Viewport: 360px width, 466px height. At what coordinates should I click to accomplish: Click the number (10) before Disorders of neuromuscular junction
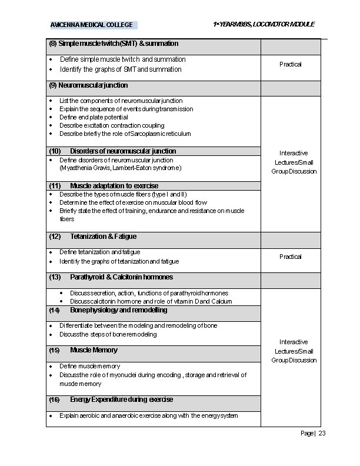(x=55, y=151)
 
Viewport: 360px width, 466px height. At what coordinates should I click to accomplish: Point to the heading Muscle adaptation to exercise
(x=114, y=186)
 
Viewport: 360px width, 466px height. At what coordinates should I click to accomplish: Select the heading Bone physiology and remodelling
(x=118, y=310)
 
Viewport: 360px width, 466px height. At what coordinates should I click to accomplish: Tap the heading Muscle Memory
(x=94, y=350)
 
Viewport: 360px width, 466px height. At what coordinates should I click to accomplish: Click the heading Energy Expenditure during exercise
(x=121, y=400)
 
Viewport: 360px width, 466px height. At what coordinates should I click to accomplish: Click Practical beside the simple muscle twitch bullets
(x=291, y=64)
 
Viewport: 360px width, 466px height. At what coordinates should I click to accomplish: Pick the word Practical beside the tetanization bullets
(x=291, y=257)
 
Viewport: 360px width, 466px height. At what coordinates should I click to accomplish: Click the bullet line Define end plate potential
(x=94, y=117)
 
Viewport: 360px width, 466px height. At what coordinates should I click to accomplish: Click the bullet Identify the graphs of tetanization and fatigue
(x=119, y=261)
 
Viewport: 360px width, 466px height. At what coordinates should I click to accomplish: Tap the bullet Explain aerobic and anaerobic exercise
(x=148, y=415)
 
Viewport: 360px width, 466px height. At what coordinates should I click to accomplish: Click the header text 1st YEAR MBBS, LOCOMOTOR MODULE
(x=264, y=24)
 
